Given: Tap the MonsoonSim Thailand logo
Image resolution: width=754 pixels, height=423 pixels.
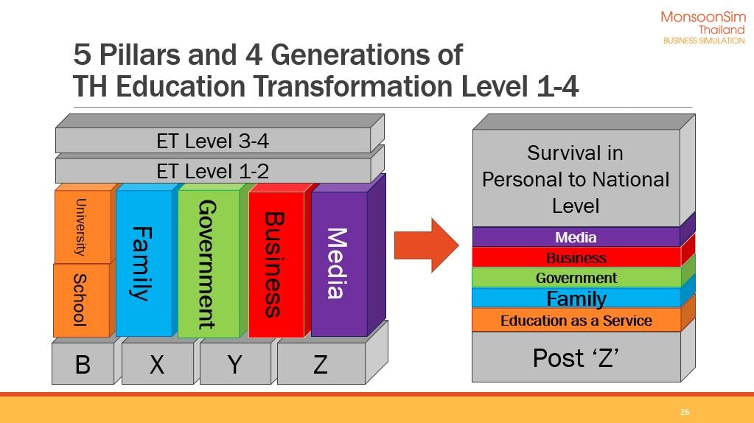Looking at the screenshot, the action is point(703,28).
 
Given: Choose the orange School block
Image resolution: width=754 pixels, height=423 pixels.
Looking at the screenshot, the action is point(83,299).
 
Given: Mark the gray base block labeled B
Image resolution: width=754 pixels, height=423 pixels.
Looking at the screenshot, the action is point(85,363).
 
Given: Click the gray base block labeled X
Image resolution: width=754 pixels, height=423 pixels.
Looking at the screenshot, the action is point(159,363).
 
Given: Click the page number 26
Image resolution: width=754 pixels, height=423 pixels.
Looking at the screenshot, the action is point(684,412).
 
